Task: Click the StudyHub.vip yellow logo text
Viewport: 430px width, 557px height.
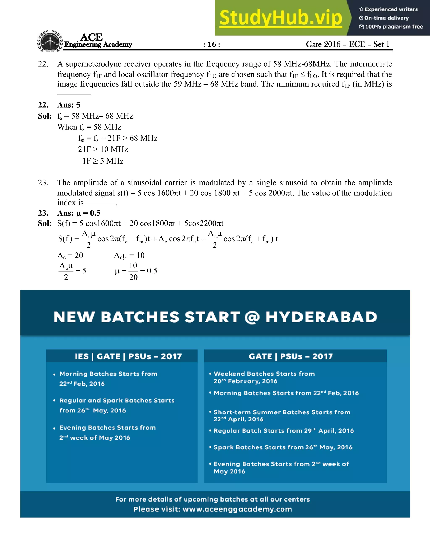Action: [x=281, y=18]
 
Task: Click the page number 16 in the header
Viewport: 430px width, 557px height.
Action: [x=212, y=44]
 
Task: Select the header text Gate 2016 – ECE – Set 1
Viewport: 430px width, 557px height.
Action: [x=347, y=44]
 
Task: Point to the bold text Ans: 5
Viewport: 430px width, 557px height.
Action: [x=69, y=105]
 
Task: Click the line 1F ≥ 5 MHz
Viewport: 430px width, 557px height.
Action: [x=103, y=161]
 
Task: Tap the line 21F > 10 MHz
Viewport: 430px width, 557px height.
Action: [x=103, y=149]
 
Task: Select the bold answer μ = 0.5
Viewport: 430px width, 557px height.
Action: [x=88, y=213]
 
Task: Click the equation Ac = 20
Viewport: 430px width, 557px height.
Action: [x=70, y=255]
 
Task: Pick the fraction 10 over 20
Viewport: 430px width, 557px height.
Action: [x=133, y=271]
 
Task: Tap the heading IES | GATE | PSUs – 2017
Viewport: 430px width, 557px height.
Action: [x=128, y=356]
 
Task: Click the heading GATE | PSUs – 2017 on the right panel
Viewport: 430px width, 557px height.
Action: [x=291, y=356]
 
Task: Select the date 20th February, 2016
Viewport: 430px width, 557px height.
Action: [x=245, y=381]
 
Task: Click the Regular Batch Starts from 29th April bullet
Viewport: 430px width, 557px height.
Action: [x=283, y=431]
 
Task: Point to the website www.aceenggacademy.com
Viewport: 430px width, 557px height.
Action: [x=237, y=509]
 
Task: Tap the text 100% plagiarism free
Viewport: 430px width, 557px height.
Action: [x=394, y=27]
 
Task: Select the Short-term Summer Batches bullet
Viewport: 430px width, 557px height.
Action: [x=282, y=412]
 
